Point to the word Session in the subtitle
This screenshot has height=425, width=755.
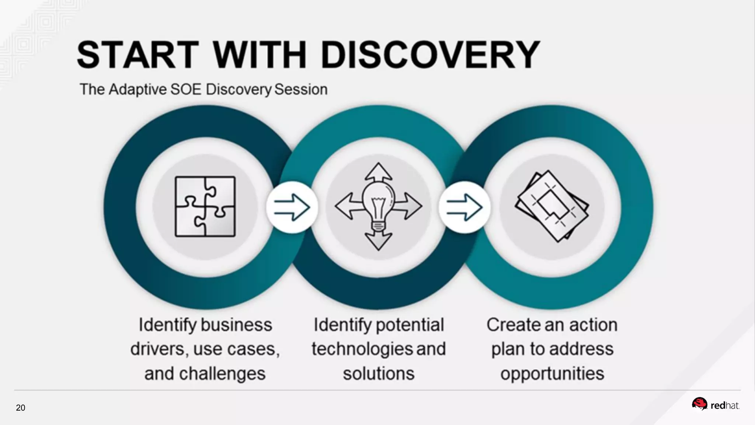(301, 89)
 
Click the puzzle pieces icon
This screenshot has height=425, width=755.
(205, 207)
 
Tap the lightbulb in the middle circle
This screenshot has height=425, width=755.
(378, 205)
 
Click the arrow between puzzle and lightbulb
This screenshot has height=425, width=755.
(292, 207)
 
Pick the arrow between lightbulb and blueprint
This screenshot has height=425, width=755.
(464, 207)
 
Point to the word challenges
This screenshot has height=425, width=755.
(222, 373)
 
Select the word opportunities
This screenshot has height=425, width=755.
(552, 373)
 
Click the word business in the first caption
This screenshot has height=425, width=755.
(236, 325)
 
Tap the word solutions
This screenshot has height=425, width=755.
(379, 373)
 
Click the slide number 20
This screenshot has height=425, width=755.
(21, 408)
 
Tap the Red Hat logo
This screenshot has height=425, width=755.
(715, 405)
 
